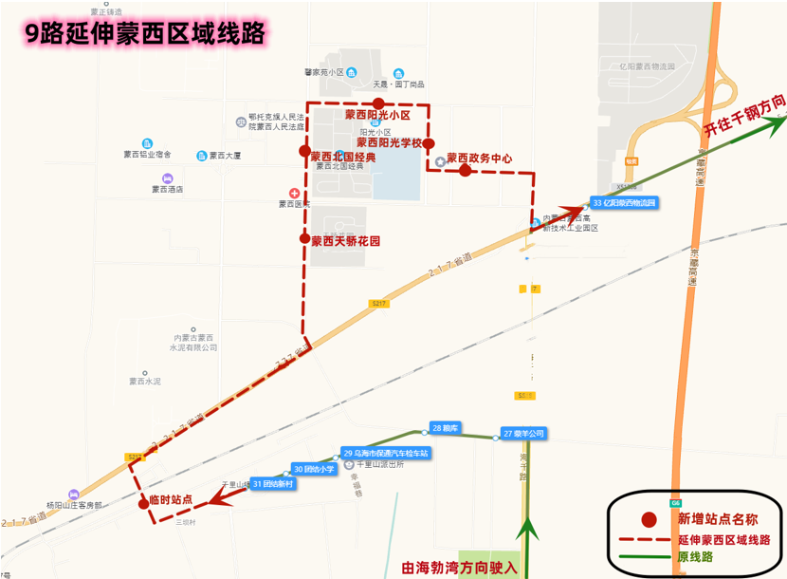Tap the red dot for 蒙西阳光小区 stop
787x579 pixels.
378,103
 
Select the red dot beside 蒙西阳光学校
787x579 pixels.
429,143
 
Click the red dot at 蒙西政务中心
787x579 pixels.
465,171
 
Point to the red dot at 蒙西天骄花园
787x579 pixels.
304,239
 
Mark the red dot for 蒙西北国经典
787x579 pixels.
304,151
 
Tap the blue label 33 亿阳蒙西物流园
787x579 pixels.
623,203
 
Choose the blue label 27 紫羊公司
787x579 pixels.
524,434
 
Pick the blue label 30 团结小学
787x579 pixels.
314,469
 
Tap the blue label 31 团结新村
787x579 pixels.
274,484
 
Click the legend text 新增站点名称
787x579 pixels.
716,519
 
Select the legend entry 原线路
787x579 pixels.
697,557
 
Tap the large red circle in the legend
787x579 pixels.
650,519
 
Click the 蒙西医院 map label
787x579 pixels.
295,203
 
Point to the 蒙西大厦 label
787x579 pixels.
225,155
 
